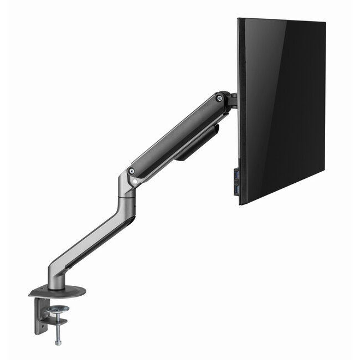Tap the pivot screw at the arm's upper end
220,99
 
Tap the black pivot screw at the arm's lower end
132,171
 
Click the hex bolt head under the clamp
58,342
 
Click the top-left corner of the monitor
239,19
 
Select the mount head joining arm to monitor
232,101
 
